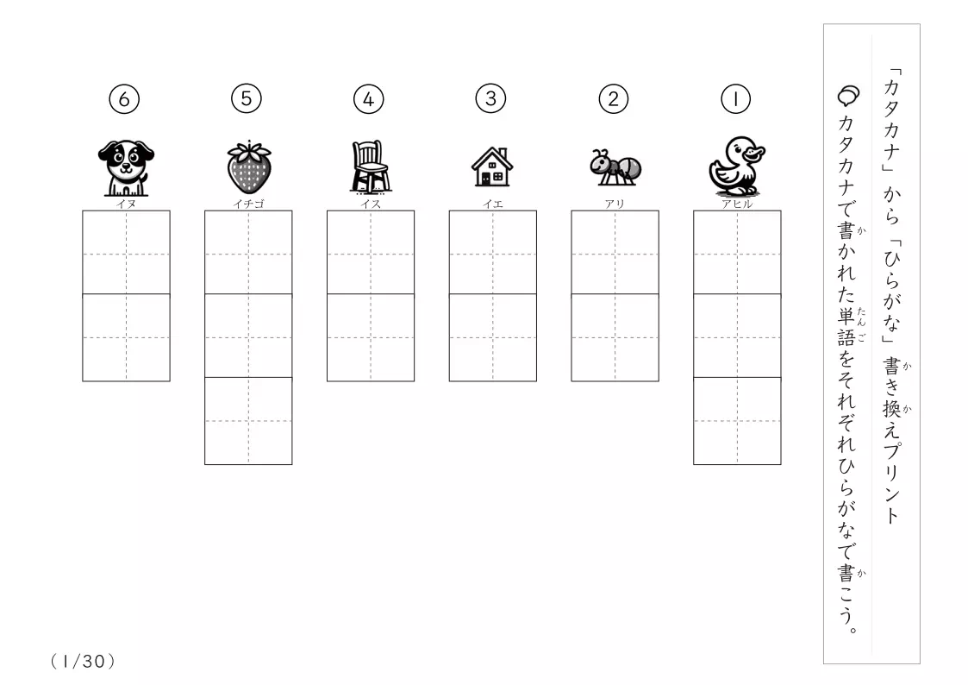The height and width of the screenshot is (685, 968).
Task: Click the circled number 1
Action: click(x=735, y=99)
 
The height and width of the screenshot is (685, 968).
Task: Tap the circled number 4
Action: click(x=369, y=99)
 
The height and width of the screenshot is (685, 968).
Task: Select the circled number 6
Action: click(x=124, y=99)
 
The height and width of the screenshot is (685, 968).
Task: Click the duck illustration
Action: click(x=736, y=167)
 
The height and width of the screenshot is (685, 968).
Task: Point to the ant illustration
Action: click(x=615, y=167)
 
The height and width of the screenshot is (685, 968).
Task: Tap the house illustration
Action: click(x=492, y=167)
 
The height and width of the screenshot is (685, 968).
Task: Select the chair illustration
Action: click(x=371, y=167)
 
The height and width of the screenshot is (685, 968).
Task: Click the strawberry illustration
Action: click(x=249, y=167)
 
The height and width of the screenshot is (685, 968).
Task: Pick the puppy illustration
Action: click(x=126, y=167)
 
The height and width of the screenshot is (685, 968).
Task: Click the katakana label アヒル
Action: click(x=737, y=204)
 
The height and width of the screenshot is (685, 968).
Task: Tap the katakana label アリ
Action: click(x=615, y=204)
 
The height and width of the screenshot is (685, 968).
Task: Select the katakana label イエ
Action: click(x=493, y=204)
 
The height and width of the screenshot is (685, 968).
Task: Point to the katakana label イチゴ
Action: click(x=249, y=204)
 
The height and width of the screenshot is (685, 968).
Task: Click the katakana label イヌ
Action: click(x=126, y=204)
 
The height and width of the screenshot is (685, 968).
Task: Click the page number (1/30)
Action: click(x=83, y=662)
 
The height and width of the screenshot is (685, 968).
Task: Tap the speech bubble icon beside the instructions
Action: click(x=848, y=96)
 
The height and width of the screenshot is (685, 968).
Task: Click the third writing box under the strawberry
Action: click(x=248, y=421)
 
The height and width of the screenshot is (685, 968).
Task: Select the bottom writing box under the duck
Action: click(x=737, y=421)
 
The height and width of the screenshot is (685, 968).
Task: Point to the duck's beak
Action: click(x=754, y=152)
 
